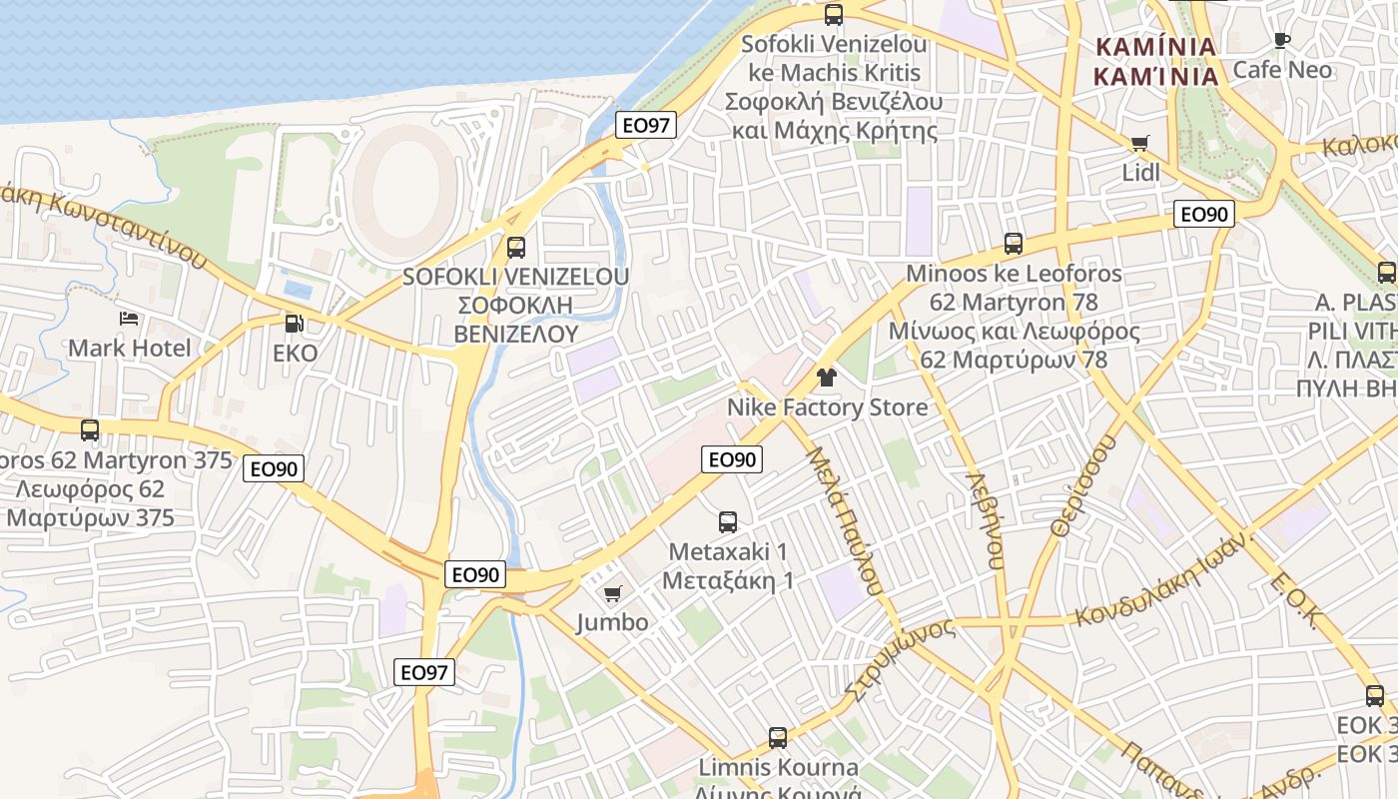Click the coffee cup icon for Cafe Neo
point(1282,41)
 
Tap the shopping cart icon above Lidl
point(1140,144)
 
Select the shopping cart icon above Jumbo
point(613,594)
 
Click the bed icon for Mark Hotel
point(129,319)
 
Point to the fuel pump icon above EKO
point(294,324)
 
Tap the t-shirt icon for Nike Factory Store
point(827,378)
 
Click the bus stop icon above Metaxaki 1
point(728,521)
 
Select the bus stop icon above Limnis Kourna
point(778,738)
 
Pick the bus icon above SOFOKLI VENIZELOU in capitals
point(516,247)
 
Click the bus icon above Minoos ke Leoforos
point(1014,244)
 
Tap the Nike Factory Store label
point(827,407)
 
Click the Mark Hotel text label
point(129,349)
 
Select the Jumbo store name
point(612,623)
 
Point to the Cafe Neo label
point(1282,70)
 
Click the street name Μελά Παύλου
point(844,520)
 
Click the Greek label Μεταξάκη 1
point(728,580)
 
